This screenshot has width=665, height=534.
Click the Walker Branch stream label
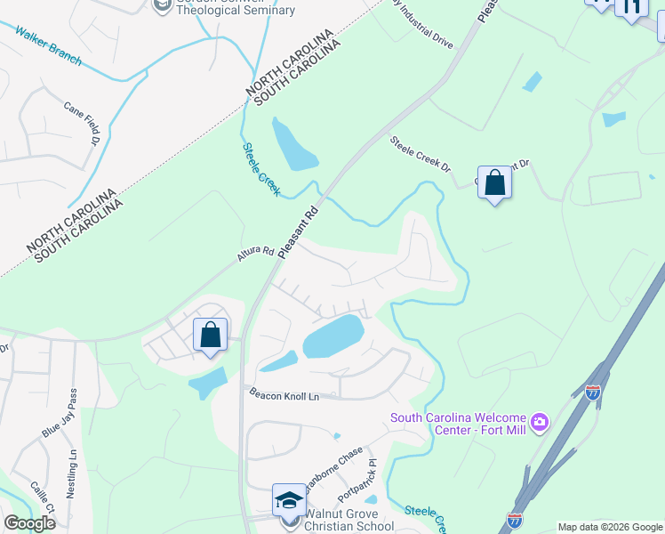49,46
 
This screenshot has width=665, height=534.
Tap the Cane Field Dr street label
80,122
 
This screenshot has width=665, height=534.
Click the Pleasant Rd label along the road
299,233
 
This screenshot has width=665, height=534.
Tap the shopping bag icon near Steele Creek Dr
494,183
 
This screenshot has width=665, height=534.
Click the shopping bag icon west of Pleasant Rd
210,336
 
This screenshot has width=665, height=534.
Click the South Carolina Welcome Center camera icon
539,420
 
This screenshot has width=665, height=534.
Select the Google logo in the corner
29,523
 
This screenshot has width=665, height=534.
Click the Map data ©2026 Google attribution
610,527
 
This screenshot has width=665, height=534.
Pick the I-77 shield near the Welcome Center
593,392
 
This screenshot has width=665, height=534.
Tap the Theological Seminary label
235,10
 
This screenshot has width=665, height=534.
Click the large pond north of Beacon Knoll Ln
333,336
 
